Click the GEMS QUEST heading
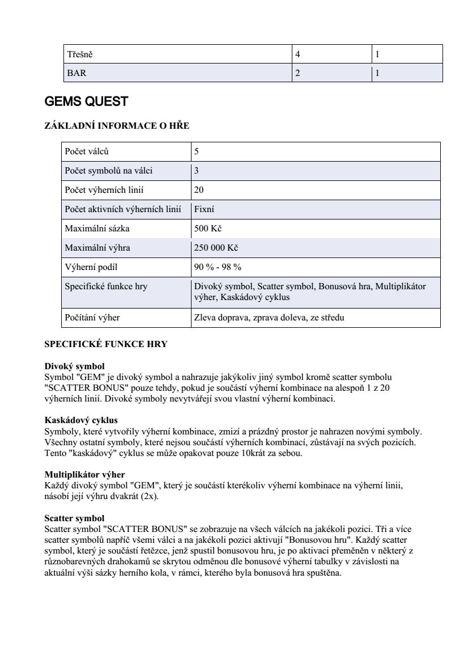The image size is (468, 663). [x=86, y=102]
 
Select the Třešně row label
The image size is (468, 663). [x=76, y=55]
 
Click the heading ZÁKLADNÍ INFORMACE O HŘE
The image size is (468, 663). [x=117, y=126]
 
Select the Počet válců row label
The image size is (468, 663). [x=86, y=152]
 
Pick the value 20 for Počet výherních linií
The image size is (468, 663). [x=199, y=190]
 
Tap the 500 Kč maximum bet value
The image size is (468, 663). [x=208, y=229]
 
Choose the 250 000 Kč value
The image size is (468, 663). [x=216, y=248]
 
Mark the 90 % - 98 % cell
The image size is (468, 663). [x=218, y=267]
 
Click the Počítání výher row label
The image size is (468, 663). [x=92, y=318]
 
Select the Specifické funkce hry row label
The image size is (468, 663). [x=106, y=286]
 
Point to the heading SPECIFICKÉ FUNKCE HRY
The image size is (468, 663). [x=106, y=344]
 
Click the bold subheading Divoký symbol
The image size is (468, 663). [x=74, y=367]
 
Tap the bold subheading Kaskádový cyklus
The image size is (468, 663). [x=81, y=420]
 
